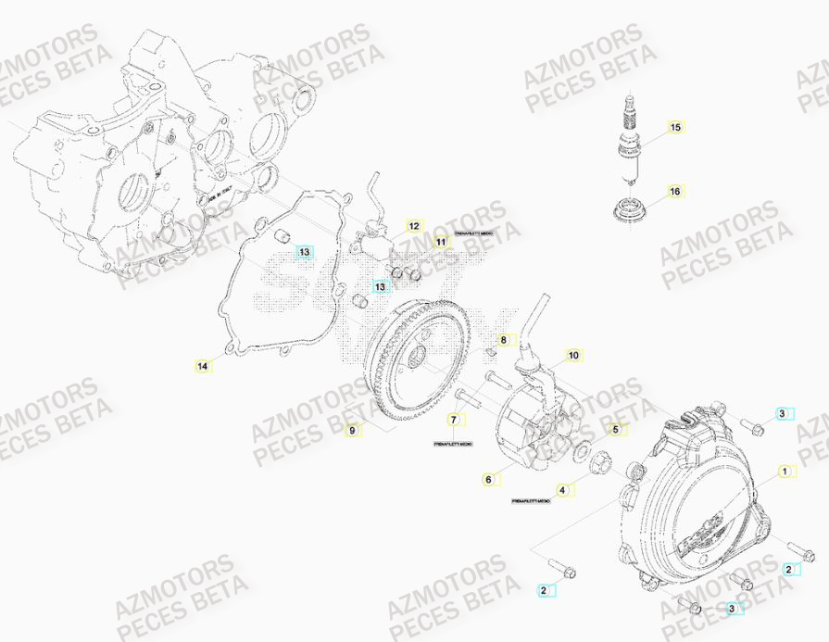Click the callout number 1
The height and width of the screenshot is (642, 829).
pyautogui.click(x=785, y=472)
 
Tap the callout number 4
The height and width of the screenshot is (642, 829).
pyautogui.click(x=562, y=489)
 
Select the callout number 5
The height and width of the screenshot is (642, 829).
pyautogui.click(x=613, y=429)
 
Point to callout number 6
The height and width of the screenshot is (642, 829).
pyautogui.click(x=487, y=479)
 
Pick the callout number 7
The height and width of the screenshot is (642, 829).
pyautogui.click(x=454, y=421)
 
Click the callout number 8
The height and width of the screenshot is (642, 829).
pyautogui.click(x=503, y=340)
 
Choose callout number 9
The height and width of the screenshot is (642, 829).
pyautogui.click(x=351, y=429)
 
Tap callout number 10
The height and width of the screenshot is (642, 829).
pyautogui.click(x=573, y=355)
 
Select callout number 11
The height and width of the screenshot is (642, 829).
pyautogui.click(x=441, y=242)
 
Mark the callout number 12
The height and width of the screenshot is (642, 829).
pyautogui.click(x=414, y=225)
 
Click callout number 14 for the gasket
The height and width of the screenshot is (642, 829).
pyautogui.click(x=202, y=366)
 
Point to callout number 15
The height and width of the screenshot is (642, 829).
pyautogui.click(x=675, y=126)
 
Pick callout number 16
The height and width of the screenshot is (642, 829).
pyautogui.click(x=675, y=192)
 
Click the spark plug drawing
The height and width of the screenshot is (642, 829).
pyautogui.click(x=632, y=139)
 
